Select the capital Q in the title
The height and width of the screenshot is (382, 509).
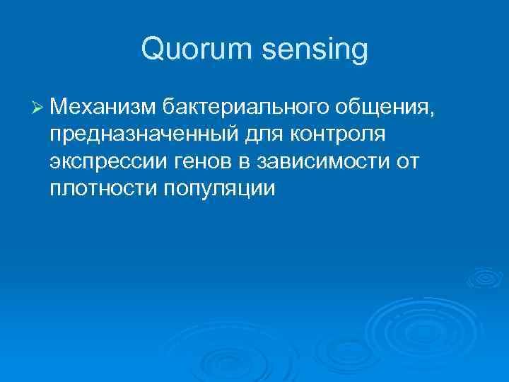point(153,50)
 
